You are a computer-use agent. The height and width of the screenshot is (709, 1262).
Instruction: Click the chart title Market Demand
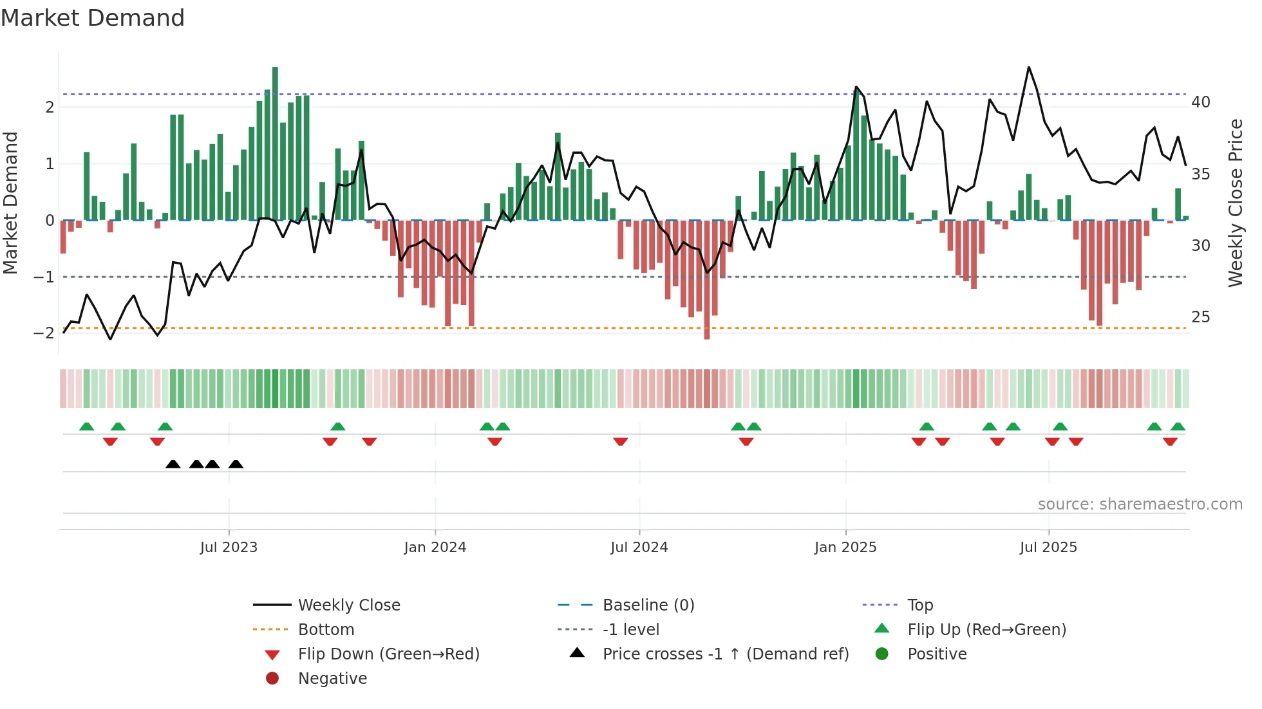click(93, 17)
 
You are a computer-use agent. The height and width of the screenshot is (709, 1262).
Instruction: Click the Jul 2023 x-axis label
click(229, 547)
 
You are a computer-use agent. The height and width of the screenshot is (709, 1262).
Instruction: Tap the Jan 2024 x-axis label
click(435, 547)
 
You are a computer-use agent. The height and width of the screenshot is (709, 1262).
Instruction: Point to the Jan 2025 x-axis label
click(845, 547)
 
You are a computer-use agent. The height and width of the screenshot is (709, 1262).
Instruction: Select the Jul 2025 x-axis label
click(1048, 547)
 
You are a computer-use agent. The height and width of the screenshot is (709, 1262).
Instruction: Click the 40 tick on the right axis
click(1200, 102)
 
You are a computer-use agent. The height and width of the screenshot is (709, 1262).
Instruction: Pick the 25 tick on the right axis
click(1200, 317)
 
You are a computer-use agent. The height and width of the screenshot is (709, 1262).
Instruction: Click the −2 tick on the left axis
click(44, 333)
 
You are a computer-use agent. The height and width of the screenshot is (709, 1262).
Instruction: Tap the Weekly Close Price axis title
click(1235, 203)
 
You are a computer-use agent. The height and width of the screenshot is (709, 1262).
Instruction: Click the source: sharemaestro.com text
click(1140, 504)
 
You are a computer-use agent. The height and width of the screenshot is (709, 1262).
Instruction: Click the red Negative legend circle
click(272, 678)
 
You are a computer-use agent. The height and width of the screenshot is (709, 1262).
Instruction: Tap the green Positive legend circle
click(882, 654)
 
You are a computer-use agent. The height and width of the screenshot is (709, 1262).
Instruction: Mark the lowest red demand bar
click(707, 280)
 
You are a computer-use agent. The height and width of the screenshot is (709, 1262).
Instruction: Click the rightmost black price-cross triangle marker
click(236, 465)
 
